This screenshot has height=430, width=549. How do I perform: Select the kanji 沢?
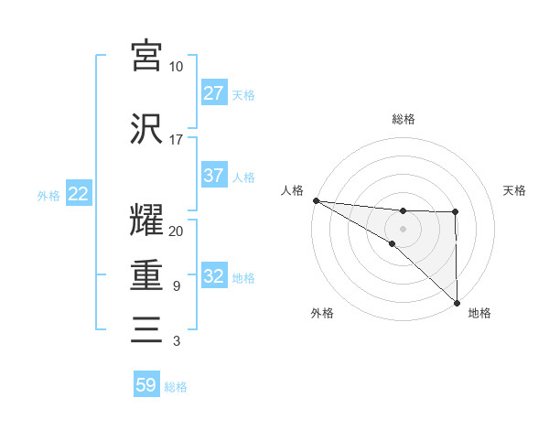pyautogui.click(x=146, y=128)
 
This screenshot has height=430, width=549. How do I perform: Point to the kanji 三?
pyautogui.click(x=146, y=328)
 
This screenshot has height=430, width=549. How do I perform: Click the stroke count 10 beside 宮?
pyautogui.click(x=176, y=67)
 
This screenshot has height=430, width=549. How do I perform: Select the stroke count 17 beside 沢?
pyautogui.click(x=176, y=140)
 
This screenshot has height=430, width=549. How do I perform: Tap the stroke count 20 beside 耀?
pyautogui.click(x=176, y=231)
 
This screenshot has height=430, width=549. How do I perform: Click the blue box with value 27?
pyautogui.click(x=214, y=93)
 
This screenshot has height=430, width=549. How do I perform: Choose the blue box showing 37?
pyautogui.click(x=214, y=176)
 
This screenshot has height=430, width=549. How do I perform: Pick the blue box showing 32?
pyautogui.click(x=214, y=276)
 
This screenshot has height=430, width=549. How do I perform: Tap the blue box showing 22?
pyautogui.click(x=78, y=194)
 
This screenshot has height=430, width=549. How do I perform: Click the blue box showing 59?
pyautogui.click(x=146, y=385)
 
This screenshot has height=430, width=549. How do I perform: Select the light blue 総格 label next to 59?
pyautogui.click(x=176, y=387)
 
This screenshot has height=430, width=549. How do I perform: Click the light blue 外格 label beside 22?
pyautogui.click(x=48, y=195)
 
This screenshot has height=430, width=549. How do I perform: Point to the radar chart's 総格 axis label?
pyautogui.click(x=404, y=119)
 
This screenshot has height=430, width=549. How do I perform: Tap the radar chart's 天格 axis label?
pyautogui.click(x=515, y=190)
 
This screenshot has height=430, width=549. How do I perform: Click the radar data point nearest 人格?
pyautogui.click(x=316, y=200)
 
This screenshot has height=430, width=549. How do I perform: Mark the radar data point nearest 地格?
pyautogui.click(x=457, y=302)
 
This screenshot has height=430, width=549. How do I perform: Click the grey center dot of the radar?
pyautogui.click(x=404, y=228)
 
